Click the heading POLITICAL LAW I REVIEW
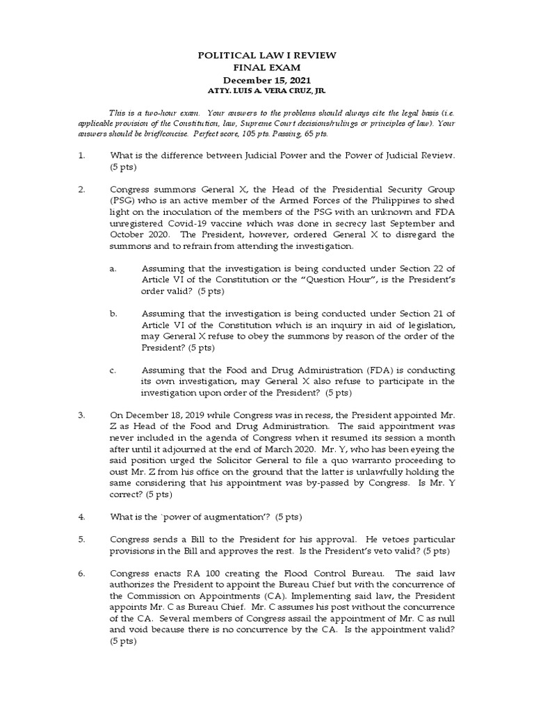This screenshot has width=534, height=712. pyautogui.click(x=266, y=55)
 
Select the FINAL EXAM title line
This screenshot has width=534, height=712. pyautogui.click(x=266, y=67)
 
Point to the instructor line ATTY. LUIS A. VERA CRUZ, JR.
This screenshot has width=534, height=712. pyautogui.click(x=266, y=92)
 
